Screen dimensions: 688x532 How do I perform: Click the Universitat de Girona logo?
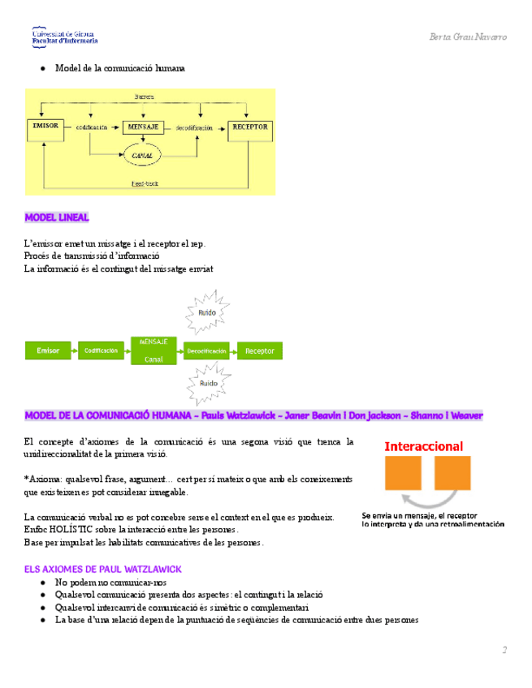tap(65, 36)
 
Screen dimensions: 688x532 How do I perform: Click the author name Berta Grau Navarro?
tap(468, 37)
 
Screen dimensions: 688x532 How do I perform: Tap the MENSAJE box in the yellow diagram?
tap(145, 127)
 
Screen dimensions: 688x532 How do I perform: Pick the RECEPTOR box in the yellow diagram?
tap(250, 127)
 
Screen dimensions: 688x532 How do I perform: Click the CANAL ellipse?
tap(149, 154)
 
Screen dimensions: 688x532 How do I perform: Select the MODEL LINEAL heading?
tap(58, 217)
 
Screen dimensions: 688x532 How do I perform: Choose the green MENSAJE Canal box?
tap(154, 350)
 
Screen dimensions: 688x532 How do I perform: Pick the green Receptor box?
tap(260, 350)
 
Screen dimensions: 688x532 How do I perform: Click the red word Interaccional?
tap(424, 446)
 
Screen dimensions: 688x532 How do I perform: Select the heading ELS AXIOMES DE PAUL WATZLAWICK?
tap(102, 570)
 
